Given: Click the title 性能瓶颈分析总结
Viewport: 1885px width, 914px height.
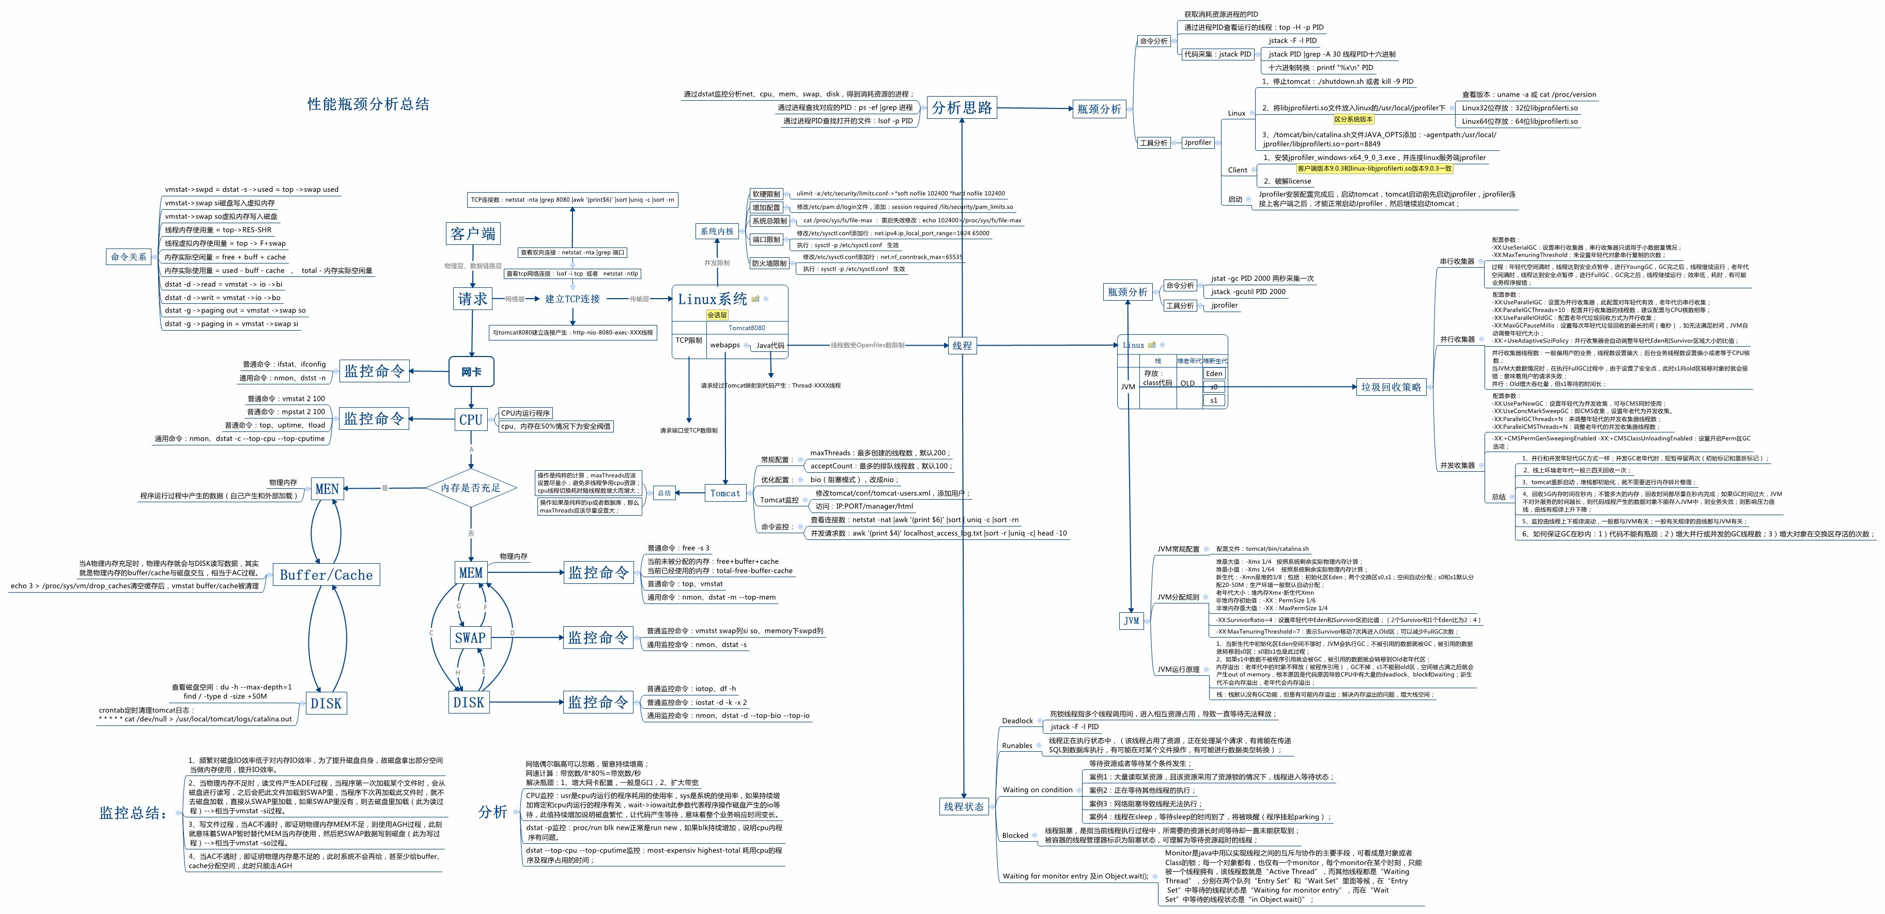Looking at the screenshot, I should pos(368,104).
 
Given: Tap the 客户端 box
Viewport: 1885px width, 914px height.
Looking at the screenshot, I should pos(473,234).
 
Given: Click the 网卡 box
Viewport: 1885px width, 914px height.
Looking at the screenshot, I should pos(471,371).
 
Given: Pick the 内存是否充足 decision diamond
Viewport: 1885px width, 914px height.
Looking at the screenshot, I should pos(471,488).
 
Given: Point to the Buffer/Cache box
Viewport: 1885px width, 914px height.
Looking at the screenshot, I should pos(327,575).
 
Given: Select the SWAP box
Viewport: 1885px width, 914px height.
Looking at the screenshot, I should pos(470,638).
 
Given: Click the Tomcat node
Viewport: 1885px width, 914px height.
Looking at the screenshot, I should pos(724,493).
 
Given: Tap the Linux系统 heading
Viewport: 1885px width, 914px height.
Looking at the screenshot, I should pos(712,299).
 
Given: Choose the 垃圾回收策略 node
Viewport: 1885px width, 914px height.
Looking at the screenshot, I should pos(1390,387).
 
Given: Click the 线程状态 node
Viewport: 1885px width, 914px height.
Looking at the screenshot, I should pos(964,807).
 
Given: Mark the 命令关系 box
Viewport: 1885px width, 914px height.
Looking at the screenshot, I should pos(129,257).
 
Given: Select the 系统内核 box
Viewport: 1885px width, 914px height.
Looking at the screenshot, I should pos(716,231).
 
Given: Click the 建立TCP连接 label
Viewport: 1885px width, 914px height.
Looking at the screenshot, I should pos(572,299).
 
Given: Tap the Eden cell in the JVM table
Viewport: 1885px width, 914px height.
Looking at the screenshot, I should pos(1214,373).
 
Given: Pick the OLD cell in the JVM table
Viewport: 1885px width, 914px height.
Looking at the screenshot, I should pos(1187,383).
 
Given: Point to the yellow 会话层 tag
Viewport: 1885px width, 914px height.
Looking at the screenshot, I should pos(716,315).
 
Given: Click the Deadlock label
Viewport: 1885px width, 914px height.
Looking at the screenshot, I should pos(1017,721).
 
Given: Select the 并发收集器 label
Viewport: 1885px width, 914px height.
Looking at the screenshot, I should pos(1457,466).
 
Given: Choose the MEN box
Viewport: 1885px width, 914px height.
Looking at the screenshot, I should pos(327,489).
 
